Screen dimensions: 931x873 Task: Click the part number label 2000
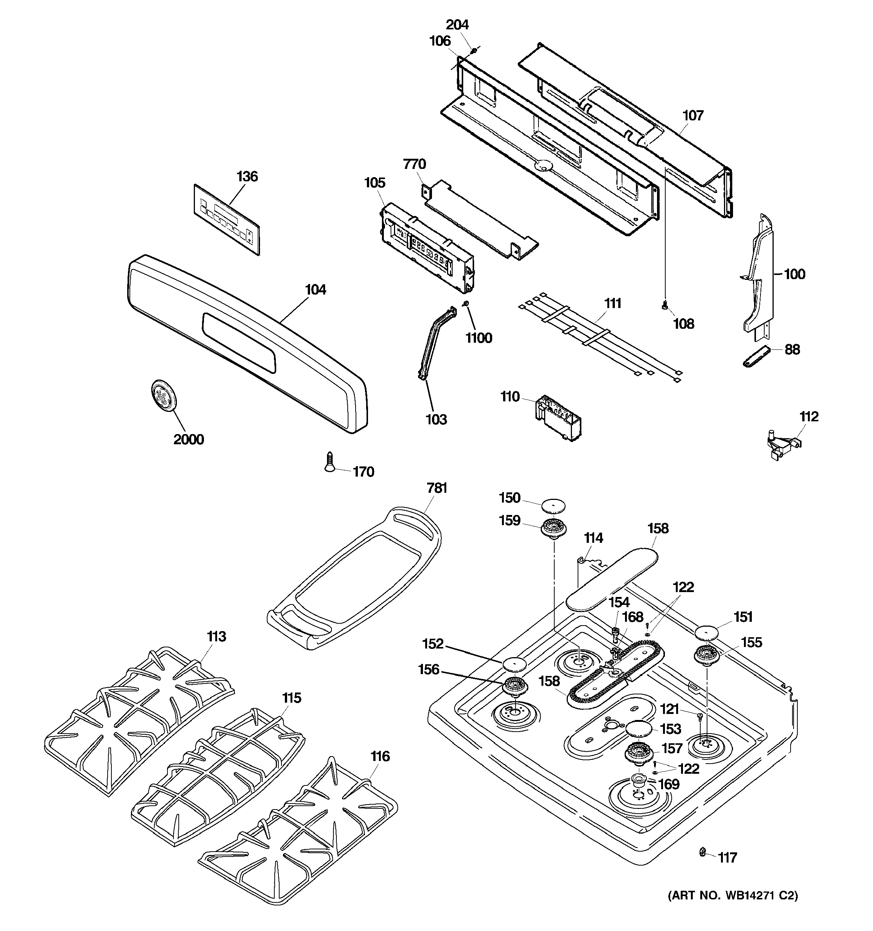coord(189,439)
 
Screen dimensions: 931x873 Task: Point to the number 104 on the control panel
coord(315,290)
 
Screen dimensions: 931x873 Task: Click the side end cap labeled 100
coord(758,276)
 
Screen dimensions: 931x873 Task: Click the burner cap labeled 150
coord(554,506)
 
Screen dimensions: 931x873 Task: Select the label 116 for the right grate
coord(380,756)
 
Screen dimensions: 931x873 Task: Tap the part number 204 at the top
coord(457,24)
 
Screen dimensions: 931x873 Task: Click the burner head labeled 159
coord(554,530)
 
